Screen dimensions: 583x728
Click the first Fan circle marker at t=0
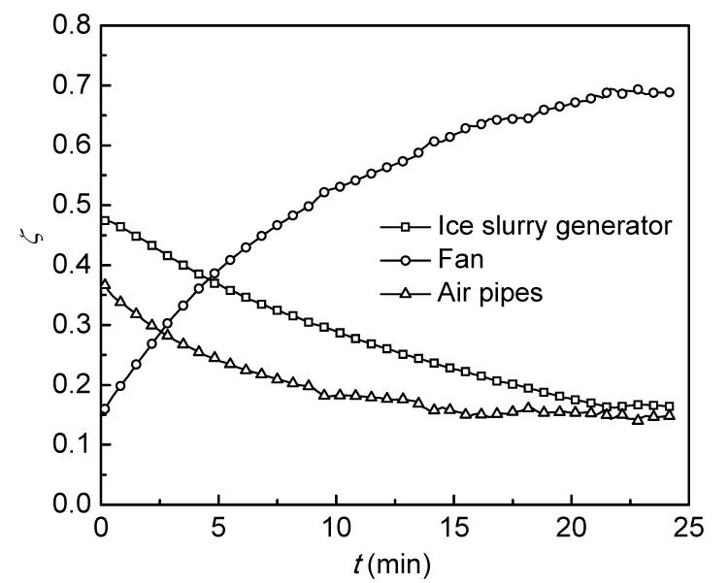(x=105, y=409)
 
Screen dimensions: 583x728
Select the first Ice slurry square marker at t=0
(x=105, y=221)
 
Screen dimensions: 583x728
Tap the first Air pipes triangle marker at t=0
(x=105, y=284)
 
